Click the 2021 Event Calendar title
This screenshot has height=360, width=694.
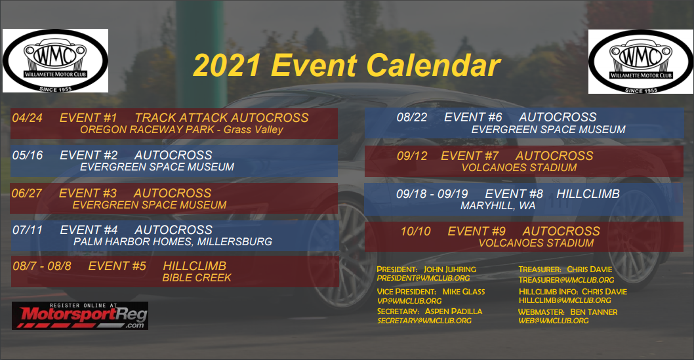point(346,66)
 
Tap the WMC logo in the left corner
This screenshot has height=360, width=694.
point(55,60)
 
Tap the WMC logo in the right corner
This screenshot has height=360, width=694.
point(641,62)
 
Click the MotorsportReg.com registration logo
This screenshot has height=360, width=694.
point(80,316)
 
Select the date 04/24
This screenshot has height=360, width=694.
point(28,117)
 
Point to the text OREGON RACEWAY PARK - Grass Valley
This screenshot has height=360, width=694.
point(182,130)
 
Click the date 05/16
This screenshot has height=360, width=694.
point(28,155)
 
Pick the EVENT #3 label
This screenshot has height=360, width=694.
point(88,193)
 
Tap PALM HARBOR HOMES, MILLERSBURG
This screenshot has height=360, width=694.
point(173,242)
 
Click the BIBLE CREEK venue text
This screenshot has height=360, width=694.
point(197,278)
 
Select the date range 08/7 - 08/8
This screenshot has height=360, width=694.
point(41,266)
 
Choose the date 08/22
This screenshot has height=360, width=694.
point(412,117)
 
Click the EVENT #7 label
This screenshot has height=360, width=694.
point(470,155)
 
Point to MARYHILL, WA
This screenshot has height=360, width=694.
point(498,206)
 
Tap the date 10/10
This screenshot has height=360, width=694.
point(416,231)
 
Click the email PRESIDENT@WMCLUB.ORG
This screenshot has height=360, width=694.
point(423,278)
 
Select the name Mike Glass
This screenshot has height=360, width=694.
point(464,292)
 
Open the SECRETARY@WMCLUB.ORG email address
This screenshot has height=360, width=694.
point(424,321)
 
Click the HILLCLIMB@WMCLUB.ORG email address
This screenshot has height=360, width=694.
point(565,300)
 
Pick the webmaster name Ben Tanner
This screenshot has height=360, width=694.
point(594,311)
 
